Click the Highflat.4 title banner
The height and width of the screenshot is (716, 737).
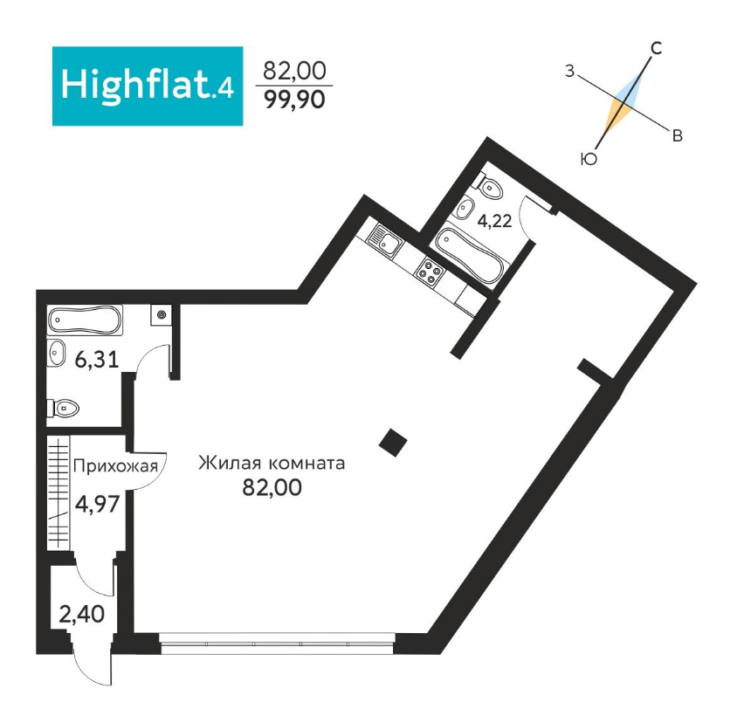(x=147, y=86)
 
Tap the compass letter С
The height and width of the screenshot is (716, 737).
(x=656, y=48)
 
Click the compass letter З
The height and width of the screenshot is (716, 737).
(x=568, y=72)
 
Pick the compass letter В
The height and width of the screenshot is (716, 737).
(x=677, y=134)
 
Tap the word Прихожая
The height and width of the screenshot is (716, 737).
(x=117, y=465)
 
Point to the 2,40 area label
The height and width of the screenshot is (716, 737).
(x=81, y=614)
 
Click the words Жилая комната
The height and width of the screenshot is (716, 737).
(x=272, y=463)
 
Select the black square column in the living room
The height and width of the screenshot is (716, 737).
(x=393, y=443)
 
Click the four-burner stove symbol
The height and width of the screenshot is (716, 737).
(x=430, y=272)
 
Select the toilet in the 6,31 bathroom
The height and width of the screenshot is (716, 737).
(x=63, y=407)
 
